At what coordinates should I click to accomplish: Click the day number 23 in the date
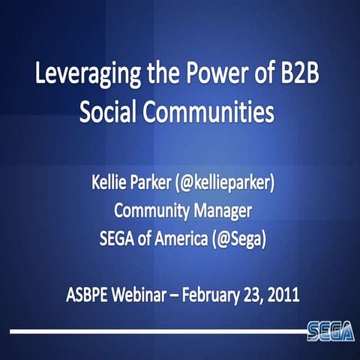tap(257, 291)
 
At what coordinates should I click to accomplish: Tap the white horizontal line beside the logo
tap(150, 331)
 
